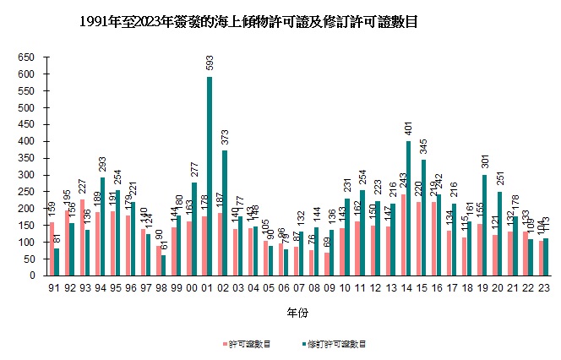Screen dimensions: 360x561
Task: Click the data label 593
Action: coord(209,63)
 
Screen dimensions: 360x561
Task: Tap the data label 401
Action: coord(337,128)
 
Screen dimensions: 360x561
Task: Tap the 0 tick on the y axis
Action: coord(35,275)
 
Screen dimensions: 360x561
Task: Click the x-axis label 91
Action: coord(52,288)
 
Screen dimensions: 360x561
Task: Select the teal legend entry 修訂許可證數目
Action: coord(339,345)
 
